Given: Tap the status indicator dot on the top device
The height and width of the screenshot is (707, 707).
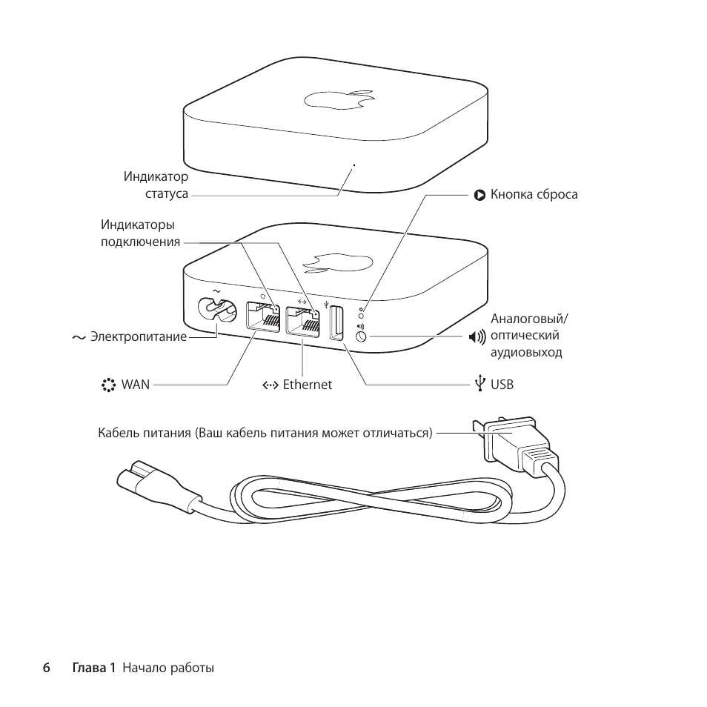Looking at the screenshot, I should [x=353, y=165].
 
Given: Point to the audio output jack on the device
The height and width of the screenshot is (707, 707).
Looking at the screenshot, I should [x=362, y=336].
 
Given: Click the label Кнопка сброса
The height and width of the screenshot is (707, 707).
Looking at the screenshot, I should [x=534, y=195].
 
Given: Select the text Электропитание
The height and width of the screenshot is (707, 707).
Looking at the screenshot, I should [x=139, y=337].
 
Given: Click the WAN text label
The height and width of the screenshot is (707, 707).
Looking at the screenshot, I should [x=136, y=385].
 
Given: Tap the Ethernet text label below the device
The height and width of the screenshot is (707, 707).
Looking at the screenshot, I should [x=307, y=385].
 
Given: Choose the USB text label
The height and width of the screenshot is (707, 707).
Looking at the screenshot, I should [x=502, y=385].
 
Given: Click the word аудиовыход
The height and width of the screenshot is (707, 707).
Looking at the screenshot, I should [x=526, y=353].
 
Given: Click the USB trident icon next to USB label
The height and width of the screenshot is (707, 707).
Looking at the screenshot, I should [x=480, y=384].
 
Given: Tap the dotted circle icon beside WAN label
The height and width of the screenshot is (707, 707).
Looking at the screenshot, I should [x=109, y=385].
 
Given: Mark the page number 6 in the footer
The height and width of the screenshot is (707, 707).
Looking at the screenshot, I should [x=46, y=668].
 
